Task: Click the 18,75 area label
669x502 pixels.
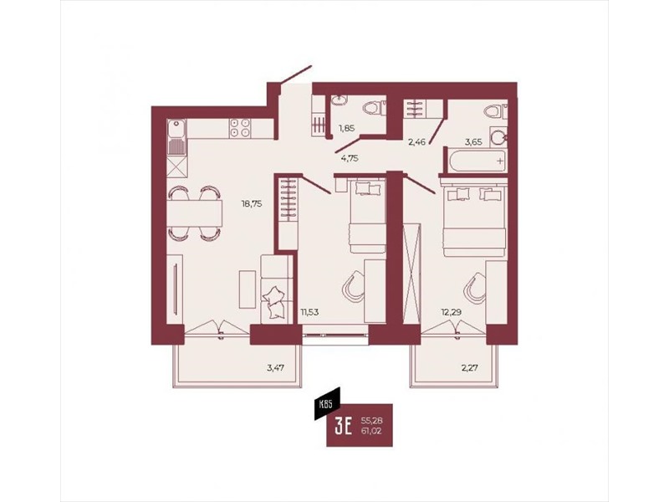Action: tap(252, 204)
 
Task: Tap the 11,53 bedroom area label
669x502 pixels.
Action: tap(309, 312)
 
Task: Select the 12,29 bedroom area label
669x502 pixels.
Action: tap(451, 312)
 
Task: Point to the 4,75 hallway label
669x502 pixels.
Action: tap(350, 158)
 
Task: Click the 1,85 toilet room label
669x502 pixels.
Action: tap(346, 127)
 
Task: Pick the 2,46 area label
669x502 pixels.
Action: tap(416, 142)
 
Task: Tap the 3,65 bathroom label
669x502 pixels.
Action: tap(473, 142)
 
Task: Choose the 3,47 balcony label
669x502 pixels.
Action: tap(276, 367)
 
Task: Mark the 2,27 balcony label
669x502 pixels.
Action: tap(469, 367)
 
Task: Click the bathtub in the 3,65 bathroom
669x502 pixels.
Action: tap(476, 161)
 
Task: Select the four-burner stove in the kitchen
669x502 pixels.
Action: tap(240, 128)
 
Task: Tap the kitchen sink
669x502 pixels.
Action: tap(176, 137)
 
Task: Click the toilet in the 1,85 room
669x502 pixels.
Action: tap(374, 107)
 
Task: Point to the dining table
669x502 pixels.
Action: tap(195, 213)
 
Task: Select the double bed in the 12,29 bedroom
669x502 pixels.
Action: tap(474, 219)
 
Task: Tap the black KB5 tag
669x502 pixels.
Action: tap(327, 403)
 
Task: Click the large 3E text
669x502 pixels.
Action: tap(344, 426)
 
